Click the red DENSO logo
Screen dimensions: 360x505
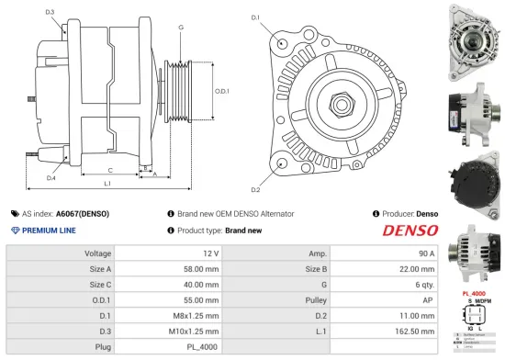pyautogui.click(x=410, y=231)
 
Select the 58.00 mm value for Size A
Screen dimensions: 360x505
pyautogui.click(x=201, y=269)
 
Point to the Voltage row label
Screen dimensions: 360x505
pyautogui.click(x=98, y=253)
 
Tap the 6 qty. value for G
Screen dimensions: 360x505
pyautogui.click(x=421, y=285)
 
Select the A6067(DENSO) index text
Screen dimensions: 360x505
pyautogui.click(x=82, y=214)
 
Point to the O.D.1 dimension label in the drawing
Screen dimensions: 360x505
pyautogui.click(x=221, y=91)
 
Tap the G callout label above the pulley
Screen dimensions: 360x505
pyautogui.click(x=181, y=28)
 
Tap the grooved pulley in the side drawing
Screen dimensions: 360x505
pyautogui.click(x=177, y=91)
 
